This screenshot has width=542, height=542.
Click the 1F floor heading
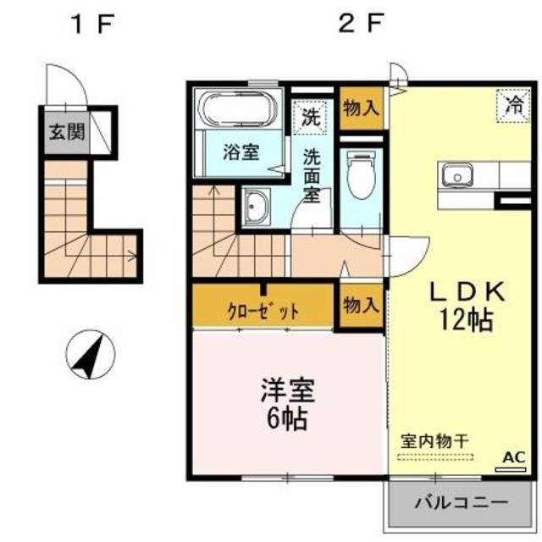[x=91, y=24]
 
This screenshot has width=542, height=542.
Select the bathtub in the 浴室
[x=236, y=111]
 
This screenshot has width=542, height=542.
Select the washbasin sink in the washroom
[x=254, y=207]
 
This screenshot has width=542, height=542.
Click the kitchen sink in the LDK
[x=458, y=177]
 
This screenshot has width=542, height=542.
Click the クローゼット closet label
[x=263, y=310]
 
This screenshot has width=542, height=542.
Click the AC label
[x=513, y=457]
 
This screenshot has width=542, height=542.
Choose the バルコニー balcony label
[x=461, y=502]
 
